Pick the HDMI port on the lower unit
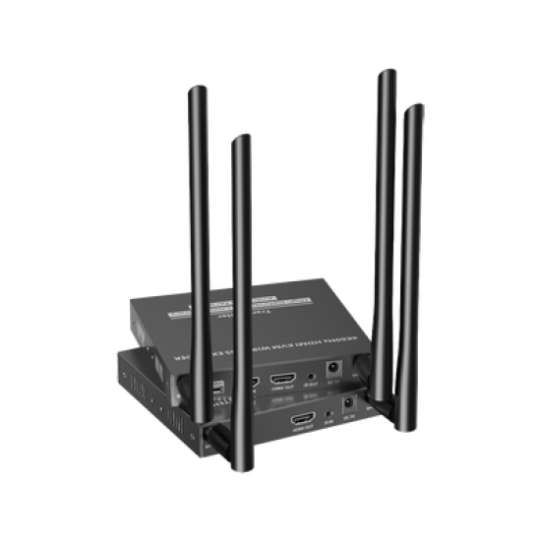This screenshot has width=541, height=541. point(302,421)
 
